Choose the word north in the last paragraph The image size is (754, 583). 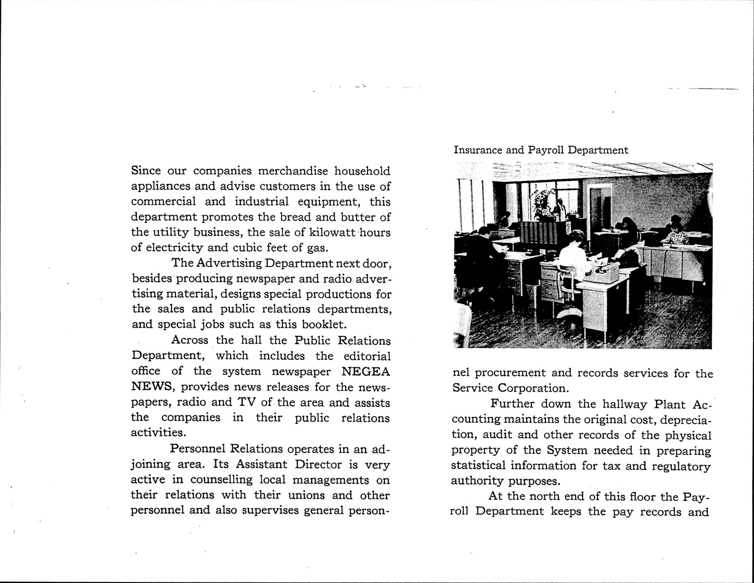[x=548, y=497]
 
